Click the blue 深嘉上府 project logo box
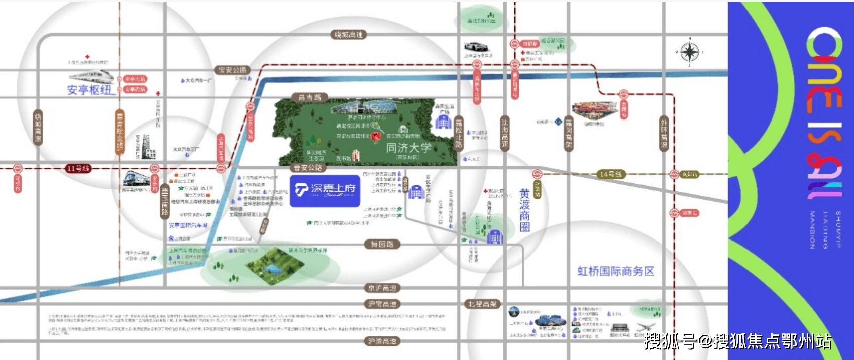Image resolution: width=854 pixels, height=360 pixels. tap(325, 191)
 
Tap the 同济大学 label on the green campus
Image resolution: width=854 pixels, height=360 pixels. tap(408, 148)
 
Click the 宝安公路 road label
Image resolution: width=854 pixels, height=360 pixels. tap(233, 70)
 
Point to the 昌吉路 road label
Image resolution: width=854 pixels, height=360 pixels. tap(309, 97)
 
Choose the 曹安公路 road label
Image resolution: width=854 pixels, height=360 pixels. tap(308, 167)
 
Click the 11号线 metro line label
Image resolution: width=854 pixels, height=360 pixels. tap(78, 169)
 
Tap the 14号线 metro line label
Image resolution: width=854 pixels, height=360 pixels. tap(611, 174)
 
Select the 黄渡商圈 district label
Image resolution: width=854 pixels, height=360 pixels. tap(525, 210)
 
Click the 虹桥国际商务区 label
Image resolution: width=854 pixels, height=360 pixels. tap(615, 271)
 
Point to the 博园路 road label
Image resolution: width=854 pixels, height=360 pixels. tap(382, 244)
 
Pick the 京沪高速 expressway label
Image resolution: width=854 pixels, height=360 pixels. tap(382, 288)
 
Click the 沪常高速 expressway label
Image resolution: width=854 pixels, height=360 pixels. tap(382, 304)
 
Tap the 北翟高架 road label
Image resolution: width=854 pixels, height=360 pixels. tap(483, 304)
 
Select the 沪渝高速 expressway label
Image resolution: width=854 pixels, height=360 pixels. tap(382, 341)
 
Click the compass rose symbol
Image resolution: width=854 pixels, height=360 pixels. tap(690, 52)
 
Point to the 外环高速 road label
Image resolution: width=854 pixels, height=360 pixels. tap(664, 134)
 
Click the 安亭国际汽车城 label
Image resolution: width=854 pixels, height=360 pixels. tap(188, 226)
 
